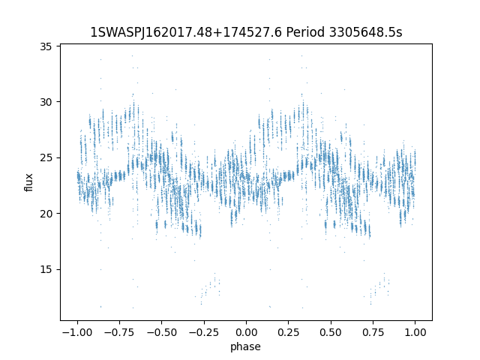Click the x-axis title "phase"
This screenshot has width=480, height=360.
point(246,346)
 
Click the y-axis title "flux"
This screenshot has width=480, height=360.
point(29,182)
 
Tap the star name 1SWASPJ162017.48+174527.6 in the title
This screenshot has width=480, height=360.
point(184,32)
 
